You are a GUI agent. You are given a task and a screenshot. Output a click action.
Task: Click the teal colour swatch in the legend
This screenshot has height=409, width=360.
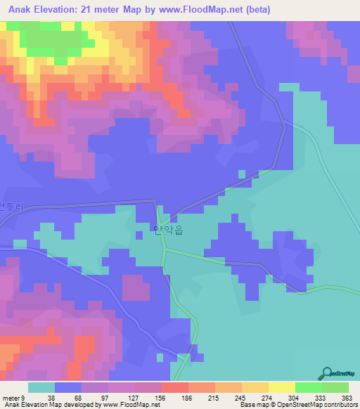click(x=41, y=387)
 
